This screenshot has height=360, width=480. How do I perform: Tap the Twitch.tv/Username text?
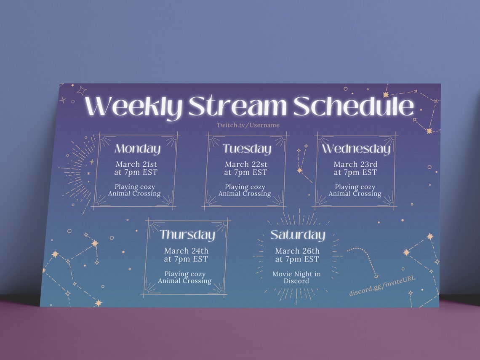tap(248, 125)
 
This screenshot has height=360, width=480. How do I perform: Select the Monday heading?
tap(138, 149)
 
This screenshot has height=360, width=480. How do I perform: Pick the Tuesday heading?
tap(247, 149)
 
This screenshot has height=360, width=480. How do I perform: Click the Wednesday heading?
tap(356, 149)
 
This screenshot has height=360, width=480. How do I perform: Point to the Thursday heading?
tap(187, 235)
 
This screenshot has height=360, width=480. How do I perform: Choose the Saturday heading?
tap(298, 235)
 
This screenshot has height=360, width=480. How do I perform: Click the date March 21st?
tap(136, 164)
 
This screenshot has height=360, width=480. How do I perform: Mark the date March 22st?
tap(246, 164)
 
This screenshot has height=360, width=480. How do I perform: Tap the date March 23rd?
tap(355, 164)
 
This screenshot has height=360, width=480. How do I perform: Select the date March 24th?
tap(186, 251)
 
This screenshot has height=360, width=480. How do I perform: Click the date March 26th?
tap(297, 251)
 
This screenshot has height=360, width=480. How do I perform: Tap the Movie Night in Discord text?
tap(296, 277)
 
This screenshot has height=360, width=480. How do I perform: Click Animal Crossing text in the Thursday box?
tap(185, 281)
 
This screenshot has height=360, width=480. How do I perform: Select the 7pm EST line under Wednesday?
tap(355, 172)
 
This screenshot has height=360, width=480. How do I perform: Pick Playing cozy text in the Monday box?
tap(135, 187)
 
